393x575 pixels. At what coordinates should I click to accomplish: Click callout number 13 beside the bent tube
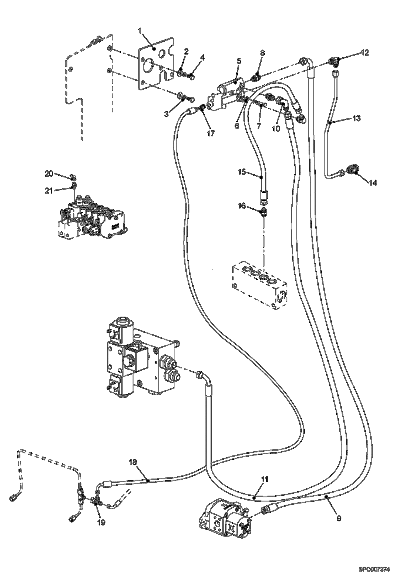[x=357, y=118]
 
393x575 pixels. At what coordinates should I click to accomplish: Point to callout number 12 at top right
[x=365, y=52]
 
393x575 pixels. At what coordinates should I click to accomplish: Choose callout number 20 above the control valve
[x=49, y=173]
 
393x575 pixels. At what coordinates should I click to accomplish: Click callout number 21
[x=49, y=191]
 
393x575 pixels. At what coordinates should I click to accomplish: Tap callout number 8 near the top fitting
[x=262, y=53]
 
